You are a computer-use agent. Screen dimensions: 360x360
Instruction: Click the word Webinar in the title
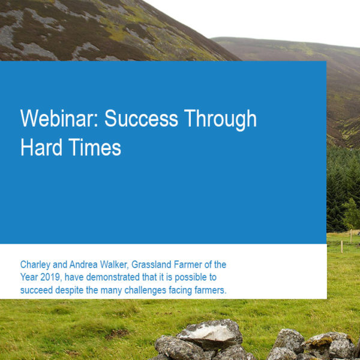(59, 118)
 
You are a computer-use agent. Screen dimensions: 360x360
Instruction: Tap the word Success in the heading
(141, 118)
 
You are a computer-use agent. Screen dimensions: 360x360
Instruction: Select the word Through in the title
(220, 120)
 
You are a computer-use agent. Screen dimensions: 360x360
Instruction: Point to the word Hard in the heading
(41, 147)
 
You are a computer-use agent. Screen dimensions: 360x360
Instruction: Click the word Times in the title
(95, 147)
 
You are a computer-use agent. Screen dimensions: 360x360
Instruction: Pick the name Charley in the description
(35, 265)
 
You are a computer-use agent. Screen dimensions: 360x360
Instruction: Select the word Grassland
(151, 265)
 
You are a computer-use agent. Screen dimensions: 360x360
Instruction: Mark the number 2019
(51, 277)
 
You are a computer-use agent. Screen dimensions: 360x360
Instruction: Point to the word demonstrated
(113, 277)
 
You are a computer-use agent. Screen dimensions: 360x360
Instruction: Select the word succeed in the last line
(37, 290)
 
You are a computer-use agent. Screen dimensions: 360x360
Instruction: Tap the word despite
(70, 290)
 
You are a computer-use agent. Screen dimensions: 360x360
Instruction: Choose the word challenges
(145, 290)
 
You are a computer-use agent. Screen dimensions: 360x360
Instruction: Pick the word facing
(180, 290)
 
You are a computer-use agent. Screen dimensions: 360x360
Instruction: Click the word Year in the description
(29, 277)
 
